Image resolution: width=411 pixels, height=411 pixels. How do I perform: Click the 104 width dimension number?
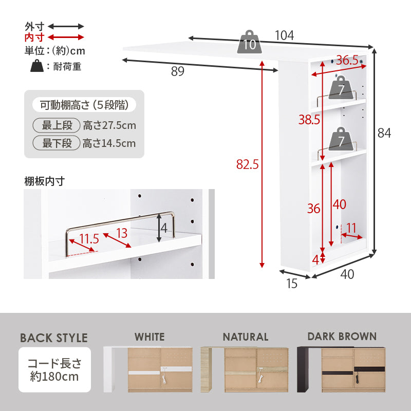click(284, 35)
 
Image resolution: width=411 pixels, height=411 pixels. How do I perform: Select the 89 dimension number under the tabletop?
click(177, 72)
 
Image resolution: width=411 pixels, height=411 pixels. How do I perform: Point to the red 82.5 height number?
click(247, 164)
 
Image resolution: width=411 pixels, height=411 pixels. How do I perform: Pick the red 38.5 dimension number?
click(309, 120)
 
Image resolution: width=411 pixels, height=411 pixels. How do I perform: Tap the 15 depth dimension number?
click(291, 283)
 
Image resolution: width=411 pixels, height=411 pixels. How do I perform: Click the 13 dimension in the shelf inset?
click(122, 233)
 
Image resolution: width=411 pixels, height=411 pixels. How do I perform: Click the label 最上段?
click(57, 125)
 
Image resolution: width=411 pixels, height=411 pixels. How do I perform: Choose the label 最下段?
click(57, 143)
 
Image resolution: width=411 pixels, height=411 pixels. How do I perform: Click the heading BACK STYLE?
click(54, 338)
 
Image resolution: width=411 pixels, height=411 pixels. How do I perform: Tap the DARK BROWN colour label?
click(342, 337)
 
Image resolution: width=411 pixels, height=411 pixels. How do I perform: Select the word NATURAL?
click(245, 337)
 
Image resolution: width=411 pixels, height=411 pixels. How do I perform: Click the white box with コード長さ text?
click(54, 370)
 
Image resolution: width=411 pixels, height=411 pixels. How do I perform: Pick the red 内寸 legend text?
click(34, 38)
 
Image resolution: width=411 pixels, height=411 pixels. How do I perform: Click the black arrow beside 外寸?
click(66, 26)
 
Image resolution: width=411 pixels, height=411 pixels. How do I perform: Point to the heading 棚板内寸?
click(44, 180)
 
